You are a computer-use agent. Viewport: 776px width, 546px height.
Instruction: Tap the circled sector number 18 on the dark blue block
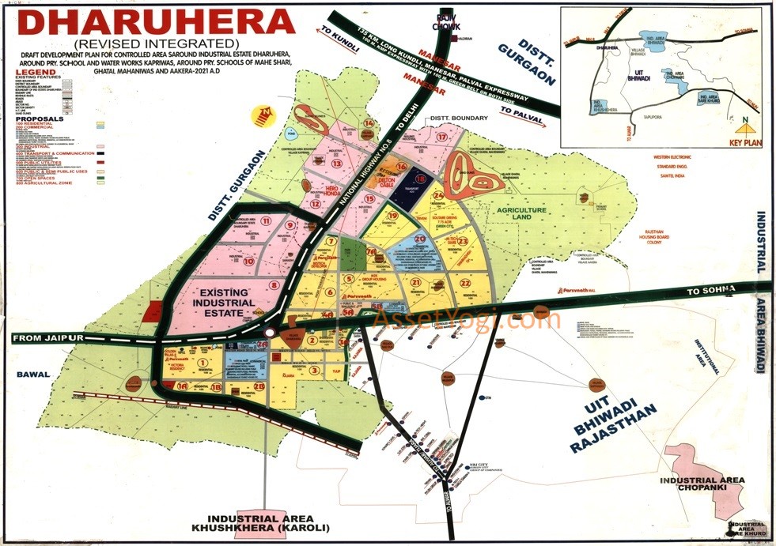pos(421,180)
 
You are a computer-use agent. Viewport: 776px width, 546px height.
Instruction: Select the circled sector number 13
pos(337,164)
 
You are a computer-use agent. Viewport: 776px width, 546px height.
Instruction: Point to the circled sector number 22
pos(466,282)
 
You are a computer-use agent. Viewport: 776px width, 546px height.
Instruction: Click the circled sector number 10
pos(248,261)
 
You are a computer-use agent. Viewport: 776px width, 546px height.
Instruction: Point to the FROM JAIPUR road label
pos(47,338)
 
